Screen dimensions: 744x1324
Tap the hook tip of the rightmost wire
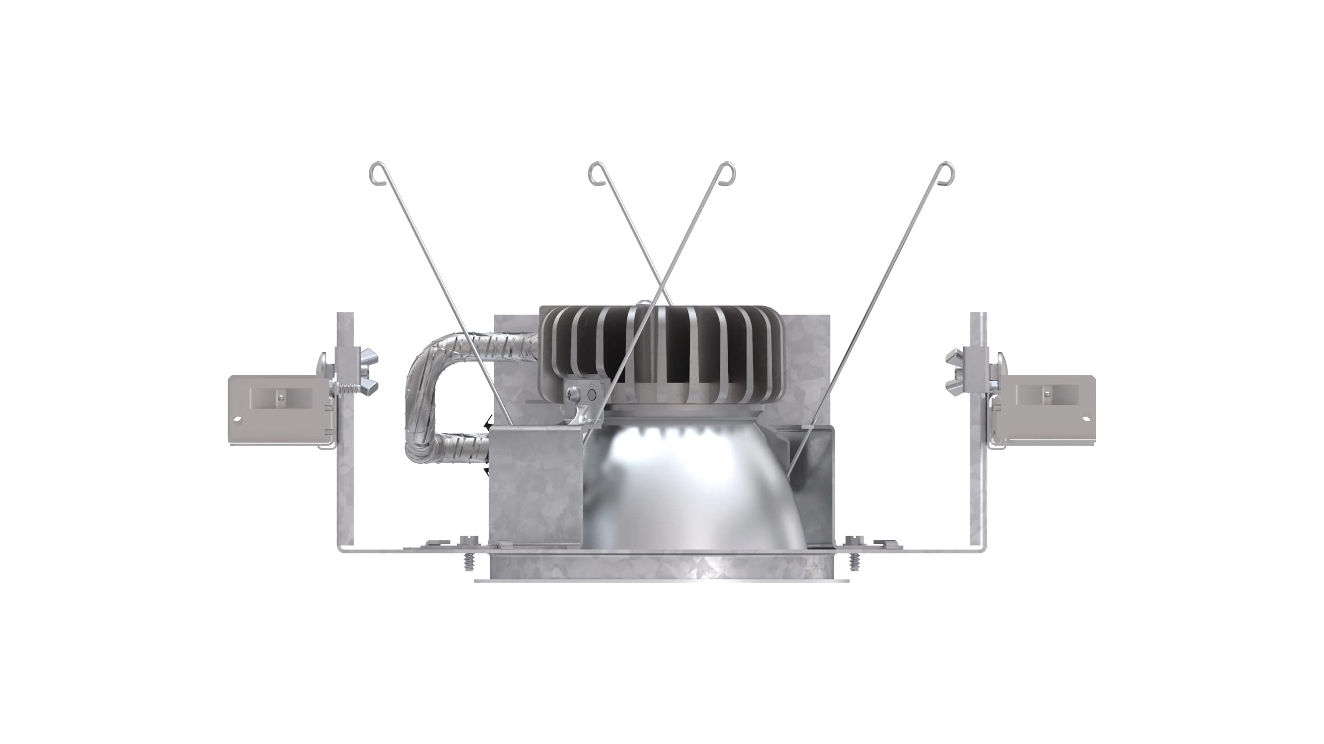coord(947,171)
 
